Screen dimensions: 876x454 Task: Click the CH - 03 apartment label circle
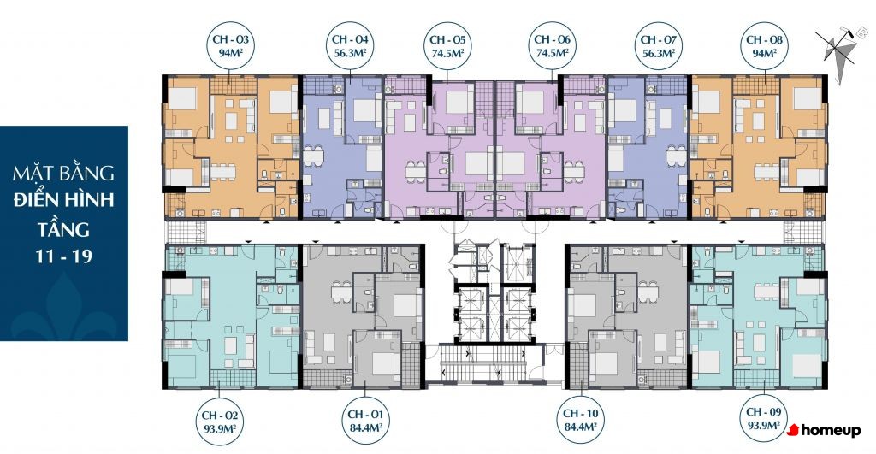230,47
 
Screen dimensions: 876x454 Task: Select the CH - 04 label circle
350,46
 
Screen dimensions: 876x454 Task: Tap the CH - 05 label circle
447,46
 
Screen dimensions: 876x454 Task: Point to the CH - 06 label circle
552,46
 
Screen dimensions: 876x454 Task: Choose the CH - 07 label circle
659,46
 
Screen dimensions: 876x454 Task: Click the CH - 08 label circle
764,46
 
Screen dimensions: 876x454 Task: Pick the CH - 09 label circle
764,418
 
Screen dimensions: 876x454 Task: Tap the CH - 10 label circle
581,420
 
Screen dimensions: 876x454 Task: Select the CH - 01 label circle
365,421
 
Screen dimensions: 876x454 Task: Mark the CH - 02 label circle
220,422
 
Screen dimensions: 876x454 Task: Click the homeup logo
824,430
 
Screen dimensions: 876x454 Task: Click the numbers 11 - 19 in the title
63,256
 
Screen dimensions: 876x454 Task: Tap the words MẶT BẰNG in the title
63,172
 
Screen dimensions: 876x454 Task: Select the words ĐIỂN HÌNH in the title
63,199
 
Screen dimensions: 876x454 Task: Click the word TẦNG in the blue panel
63,229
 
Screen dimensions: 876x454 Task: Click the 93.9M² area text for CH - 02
220,428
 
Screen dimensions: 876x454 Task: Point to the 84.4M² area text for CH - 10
581,427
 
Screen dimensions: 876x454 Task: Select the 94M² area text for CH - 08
764,53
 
